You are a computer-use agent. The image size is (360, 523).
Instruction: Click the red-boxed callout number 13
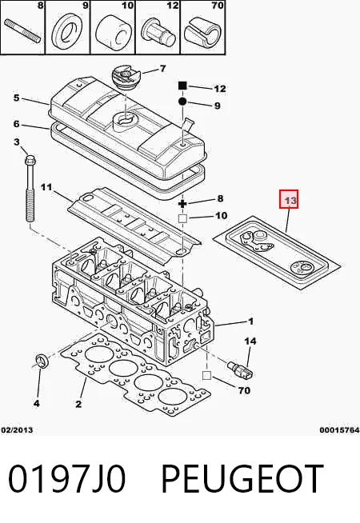click(x=289, y=200)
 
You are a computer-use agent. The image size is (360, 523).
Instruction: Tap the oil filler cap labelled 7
click(x=124, y=77)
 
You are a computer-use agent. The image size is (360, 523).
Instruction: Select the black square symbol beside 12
click(x=182, y=86)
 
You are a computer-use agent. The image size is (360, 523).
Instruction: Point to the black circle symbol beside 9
click(x=182, y=102)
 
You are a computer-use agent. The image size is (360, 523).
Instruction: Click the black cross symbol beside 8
click(x=182, y=203)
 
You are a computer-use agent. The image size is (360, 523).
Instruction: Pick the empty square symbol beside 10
click(x=182, y=219)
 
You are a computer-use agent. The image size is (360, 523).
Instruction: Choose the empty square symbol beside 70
click(x=207, y=376)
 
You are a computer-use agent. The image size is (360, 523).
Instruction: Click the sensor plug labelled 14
click(x=240, y=369)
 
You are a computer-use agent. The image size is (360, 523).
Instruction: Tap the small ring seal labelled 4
click(x=42, y=361)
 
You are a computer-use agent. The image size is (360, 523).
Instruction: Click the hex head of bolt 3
click(x=30, y=158)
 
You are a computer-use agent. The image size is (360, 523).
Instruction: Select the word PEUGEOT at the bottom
click(x=242, y=478)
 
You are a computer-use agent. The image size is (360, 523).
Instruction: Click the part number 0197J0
click(x=66, y=478)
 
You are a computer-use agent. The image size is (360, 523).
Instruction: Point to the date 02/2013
click(x=18, y=430)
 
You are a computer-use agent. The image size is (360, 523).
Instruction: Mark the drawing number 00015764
click(x=340, y=430)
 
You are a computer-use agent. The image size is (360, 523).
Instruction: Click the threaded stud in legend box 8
click(x=22, y=31)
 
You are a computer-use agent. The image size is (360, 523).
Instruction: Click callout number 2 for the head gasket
click(x=78, y=405)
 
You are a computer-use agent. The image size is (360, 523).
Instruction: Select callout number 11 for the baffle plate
click(x=46, y=187)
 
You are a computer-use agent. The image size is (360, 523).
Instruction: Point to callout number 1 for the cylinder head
click(x=251, y=321)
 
